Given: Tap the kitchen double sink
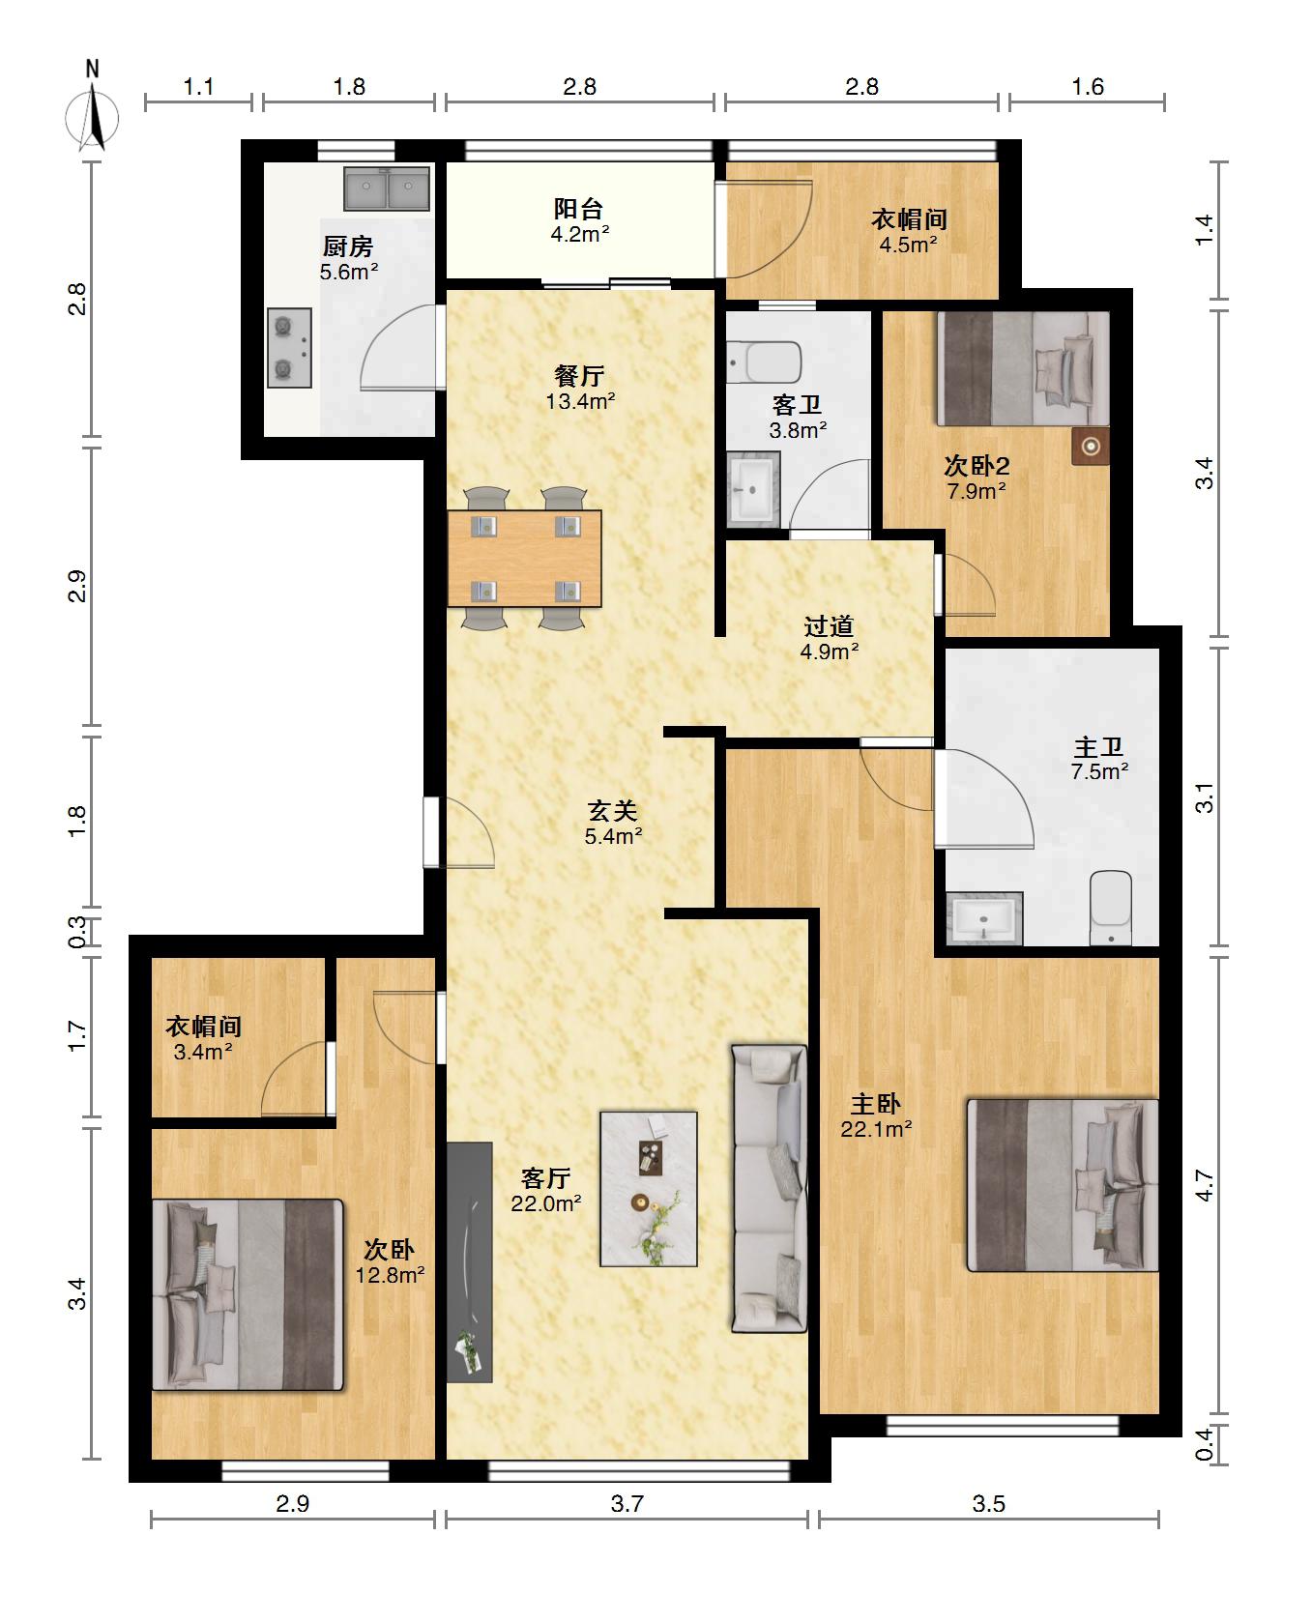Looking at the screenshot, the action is click(388, 188).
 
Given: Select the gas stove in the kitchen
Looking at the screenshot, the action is click(289, 348).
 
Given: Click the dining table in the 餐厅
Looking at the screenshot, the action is click(524, 559).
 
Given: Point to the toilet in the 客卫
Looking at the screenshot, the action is click(765, 362).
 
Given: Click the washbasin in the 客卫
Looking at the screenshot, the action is click(753, 489).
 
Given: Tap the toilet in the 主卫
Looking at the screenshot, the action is click(1111, 908).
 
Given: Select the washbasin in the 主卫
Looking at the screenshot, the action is click(984, 918).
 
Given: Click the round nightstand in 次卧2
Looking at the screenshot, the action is click(1091, 446).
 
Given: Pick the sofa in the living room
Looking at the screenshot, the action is click(769, 1188).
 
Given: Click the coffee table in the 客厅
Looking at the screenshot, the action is click(649, 1189).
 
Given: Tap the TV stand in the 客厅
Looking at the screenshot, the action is click(470, 1262).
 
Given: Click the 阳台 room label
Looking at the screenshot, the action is click(579, 208).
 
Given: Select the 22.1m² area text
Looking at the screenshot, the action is click(877, 1128).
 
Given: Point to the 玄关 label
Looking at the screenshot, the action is click(613, 810).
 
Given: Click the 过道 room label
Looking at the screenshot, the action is click(830, 626).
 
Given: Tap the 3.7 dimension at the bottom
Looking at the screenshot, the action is click(627, 1503).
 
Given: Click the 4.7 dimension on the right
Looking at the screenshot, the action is click(1204, 1185).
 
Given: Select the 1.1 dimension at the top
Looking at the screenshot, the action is click(198, 87).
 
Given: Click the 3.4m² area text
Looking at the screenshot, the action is click(203, 1052).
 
